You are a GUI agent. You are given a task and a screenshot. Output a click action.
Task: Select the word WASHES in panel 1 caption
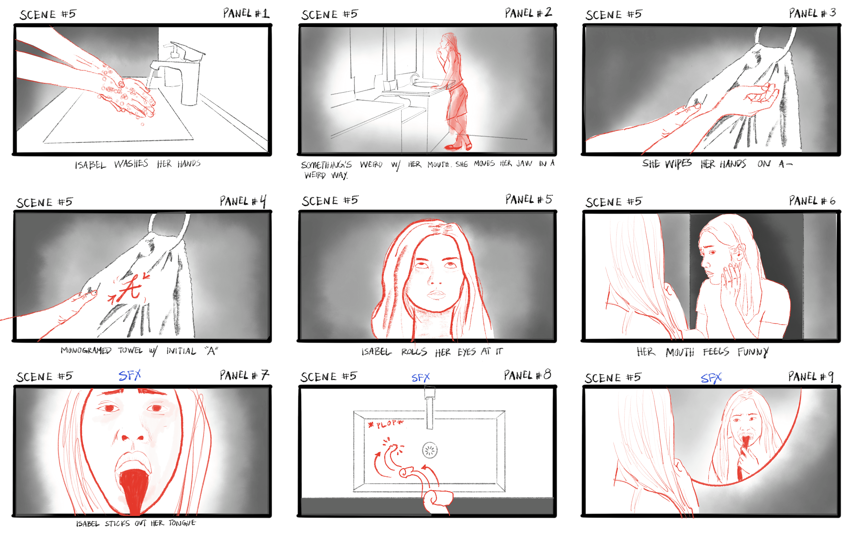pos(131,164)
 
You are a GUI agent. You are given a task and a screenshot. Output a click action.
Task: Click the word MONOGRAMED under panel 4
pos(86,351)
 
